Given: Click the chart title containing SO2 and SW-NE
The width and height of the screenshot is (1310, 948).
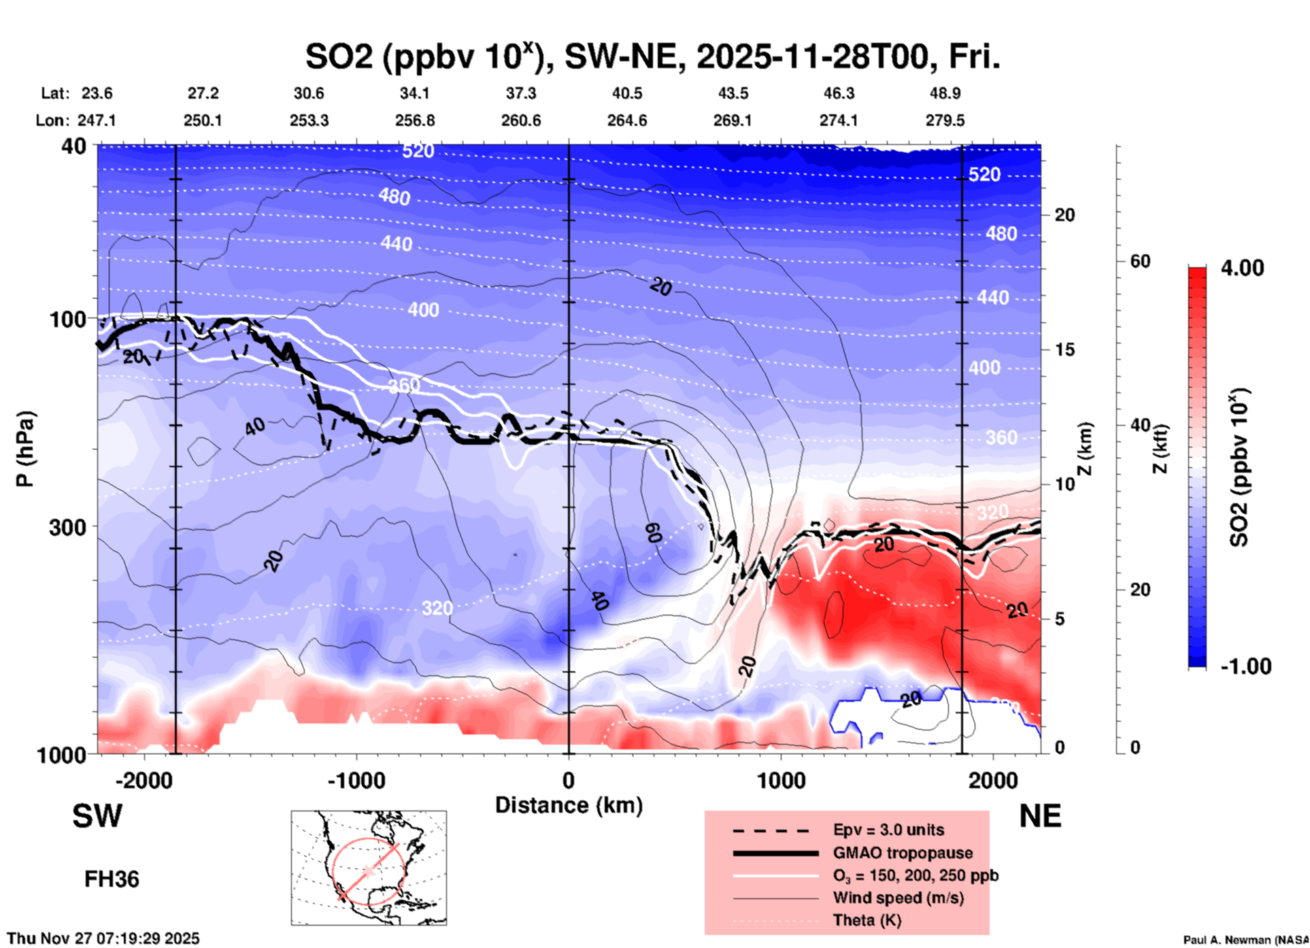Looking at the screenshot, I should (x=652, y=57).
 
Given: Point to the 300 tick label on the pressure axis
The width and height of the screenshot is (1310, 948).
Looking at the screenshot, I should (x=67, y=527).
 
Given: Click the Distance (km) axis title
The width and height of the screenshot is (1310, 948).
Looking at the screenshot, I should (x=569, y=805).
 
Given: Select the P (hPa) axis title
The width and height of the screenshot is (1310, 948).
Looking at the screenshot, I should (x=25, y=449).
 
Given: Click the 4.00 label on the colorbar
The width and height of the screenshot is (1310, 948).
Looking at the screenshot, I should (x=1241, y=268).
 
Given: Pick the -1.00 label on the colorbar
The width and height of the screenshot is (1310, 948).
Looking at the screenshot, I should (x=1245, y=666).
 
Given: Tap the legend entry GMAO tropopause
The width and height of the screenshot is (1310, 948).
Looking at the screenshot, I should (x=903, y=853).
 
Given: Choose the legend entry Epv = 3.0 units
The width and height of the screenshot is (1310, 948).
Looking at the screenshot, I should (x=888, y=830).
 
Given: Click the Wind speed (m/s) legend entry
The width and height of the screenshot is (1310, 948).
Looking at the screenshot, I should (x=898, y=898).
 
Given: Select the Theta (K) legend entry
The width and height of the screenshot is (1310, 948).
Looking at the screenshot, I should (x=867, y=920).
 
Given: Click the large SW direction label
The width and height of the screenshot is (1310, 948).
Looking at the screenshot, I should (x=97, y=816).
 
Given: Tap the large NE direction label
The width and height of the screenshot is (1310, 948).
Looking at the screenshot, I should (x=1040, y=816).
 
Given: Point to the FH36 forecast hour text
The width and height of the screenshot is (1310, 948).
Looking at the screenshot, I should (x=112, y=879).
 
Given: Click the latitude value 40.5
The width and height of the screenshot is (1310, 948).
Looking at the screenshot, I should (x=626, y=93).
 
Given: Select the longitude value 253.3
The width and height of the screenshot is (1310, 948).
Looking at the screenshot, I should (x=309, y=120).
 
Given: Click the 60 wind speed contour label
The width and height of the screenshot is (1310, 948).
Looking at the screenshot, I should (x=653, y=533).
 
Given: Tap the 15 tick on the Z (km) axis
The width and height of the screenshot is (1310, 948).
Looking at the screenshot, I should (x=1064, y=350).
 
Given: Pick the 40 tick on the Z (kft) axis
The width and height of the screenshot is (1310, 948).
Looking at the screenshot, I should (x=1140, y=425).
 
